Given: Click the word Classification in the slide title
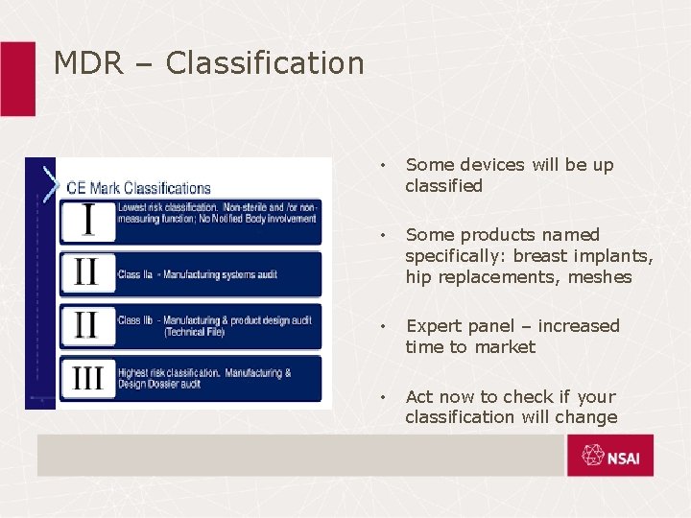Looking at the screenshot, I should [x=265, y=63].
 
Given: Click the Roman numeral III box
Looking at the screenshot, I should [x=88, y=378].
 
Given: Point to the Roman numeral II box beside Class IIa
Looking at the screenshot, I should [x=88, y=273].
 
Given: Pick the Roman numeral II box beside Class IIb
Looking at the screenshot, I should [x=88, y=326].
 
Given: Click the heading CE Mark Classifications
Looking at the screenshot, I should [x=138, y=188].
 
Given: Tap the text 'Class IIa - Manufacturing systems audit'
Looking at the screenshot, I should [x=197, y=274].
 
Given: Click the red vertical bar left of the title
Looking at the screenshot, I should [x=17, y=79].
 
